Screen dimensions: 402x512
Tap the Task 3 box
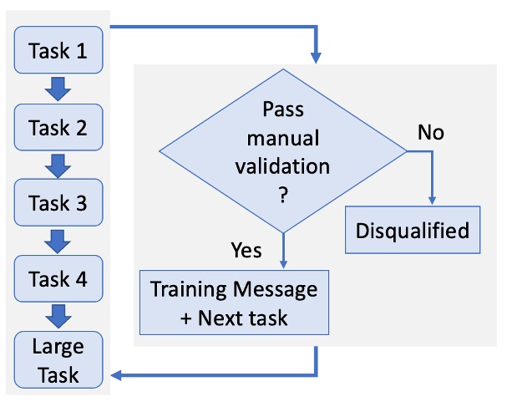coord(58,203)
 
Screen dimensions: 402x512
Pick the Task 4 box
coord(58,278)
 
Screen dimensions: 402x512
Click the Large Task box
coord(58,359)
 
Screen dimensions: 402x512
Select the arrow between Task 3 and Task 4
coord(58,241)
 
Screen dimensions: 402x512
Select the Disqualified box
coord(413,229)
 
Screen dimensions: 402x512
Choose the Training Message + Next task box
coord(233,303)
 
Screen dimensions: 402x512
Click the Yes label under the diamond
coord(245,250)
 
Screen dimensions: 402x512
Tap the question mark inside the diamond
coord(285,194)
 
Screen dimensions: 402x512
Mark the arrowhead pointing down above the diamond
coord(317,59)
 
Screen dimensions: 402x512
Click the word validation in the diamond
coord(285,165)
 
